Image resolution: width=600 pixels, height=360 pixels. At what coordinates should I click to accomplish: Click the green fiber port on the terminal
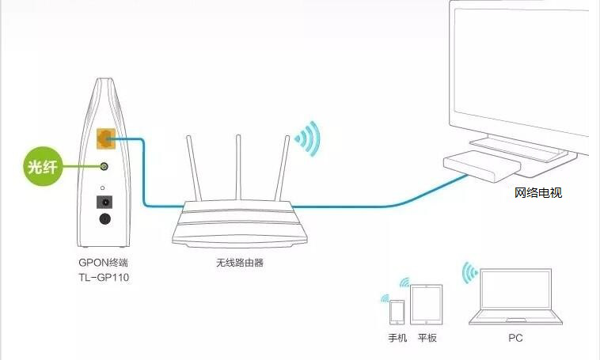104,167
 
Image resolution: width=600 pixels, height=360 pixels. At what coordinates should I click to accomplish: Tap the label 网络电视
537,193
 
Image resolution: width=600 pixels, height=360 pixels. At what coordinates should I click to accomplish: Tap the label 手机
397,338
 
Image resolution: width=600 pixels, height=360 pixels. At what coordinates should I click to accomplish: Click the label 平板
427,338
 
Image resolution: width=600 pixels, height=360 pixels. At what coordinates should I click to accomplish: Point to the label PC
515,338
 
